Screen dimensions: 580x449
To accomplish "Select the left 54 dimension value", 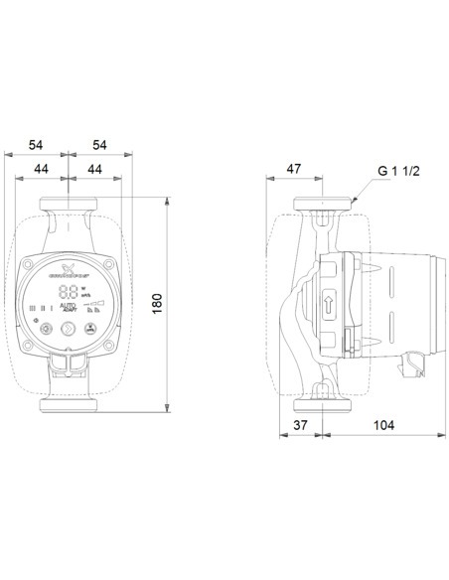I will (35, 145).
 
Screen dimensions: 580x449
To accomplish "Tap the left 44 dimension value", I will (41, 171).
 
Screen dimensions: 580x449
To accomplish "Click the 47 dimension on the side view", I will (294, 170).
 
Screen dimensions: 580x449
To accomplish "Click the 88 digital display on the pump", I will (69, 293).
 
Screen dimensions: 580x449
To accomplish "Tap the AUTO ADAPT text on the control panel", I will (69, 309).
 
